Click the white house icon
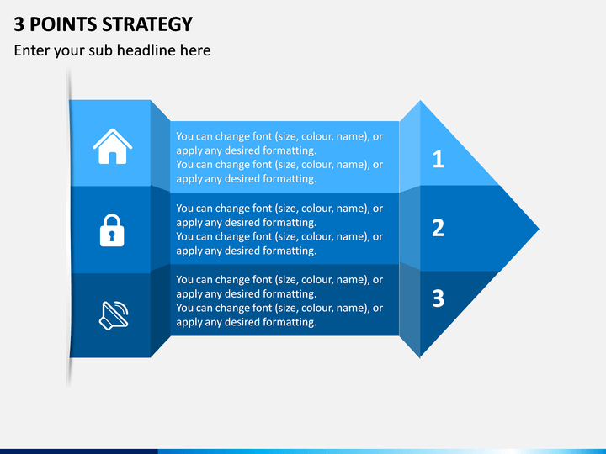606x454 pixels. (113, 146)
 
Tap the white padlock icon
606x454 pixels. (112, 230)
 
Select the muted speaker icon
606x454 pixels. (114, 315)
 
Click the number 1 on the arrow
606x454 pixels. (439, 159)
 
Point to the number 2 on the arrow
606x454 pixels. (439, 228)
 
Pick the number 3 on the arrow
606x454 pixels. (439, 298)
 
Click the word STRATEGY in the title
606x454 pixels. (147, 24)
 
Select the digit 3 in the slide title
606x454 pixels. (19, 24)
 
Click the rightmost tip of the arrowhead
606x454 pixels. (539, 229)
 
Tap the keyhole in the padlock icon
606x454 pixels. (112, 235)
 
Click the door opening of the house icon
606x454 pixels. (113, 158)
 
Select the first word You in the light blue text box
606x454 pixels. (183, 137)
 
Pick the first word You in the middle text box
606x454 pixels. (183, 209)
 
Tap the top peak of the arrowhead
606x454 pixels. (420, 101)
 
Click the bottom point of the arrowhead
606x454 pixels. (420, 357)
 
